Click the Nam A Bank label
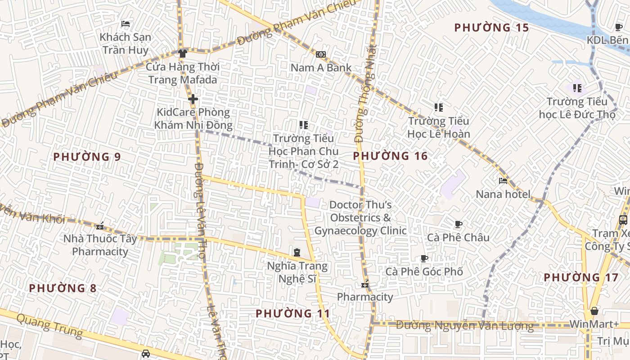[321, 67]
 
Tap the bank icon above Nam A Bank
[321, 54]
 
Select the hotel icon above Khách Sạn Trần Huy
[126, 24]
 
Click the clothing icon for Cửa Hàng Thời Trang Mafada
[182, 54]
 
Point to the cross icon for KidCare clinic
[193, 99]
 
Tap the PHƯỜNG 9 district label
[87, 157]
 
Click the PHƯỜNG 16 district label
[390, 156]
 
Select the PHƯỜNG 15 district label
[491, 27]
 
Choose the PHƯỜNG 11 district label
[293, 313]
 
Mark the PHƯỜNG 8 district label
[63, 288]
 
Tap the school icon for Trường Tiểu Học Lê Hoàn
[439, 108]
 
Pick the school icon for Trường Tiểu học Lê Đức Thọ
[577, 88]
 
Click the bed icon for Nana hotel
[503, 181]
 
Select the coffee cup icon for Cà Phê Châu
[459, 224]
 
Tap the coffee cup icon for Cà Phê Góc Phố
[424, 258]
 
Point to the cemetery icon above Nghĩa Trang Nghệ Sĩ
[297, 252]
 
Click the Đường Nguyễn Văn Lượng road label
[465, 325]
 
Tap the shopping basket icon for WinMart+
[594, 311]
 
